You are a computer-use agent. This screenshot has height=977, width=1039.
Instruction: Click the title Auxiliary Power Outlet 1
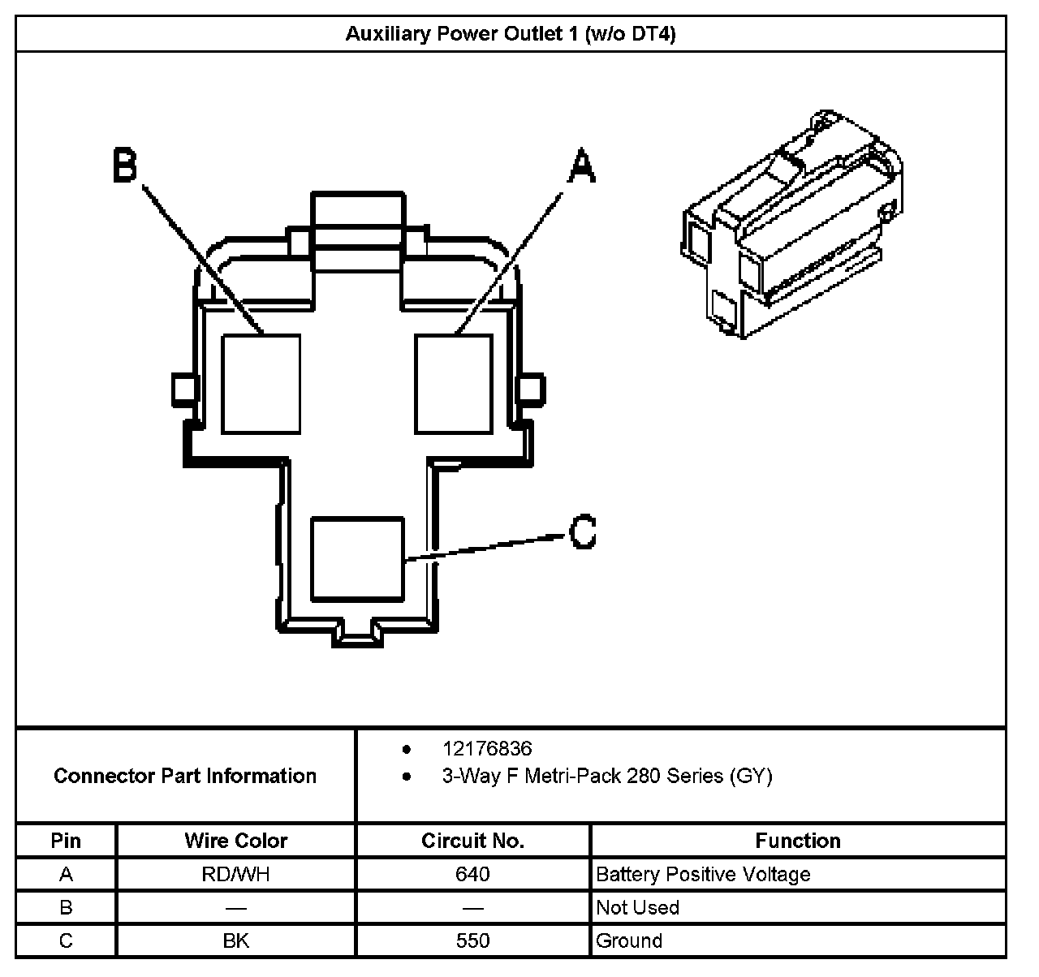511,34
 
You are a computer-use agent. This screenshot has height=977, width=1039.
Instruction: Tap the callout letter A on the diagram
580,166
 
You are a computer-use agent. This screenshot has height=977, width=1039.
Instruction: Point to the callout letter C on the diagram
583,532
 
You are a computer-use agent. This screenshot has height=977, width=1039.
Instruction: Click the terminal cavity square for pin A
453,384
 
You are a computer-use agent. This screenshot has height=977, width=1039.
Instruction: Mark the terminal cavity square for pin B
261,384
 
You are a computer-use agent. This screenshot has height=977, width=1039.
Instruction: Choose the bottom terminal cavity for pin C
357,559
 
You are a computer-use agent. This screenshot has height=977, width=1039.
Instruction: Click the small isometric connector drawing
791,222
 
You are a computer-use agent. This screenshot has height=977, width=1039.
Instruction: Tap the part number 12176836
487,748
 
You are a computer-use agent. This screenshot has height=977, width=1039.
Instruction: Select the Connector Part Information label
185,776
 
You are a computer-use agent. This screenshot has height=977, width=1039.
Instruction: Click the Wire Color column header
236,841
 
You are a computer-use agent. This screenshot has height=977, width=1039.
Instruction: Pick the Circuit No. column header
472,841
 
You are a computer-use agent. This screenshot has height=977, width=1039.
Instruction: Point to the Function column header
798,841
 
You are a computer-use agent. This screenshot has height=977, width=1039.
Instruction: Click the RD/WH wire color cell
236,874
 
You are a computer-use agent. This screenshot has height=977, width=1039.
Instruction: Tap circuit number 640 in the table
472,874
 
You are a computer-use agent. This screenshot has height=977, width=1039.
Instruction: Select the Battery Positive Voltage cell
703,874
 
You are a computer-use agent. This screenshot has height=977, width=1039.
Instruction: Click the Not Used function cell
637,907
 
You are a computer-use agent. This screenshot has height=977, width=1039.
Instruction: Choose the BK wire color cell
236,940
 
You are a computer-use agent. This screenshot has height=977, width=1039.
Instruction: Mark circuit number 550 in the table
472,940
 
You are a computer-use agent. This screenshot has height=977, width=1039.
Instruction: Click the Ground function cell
629,940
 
